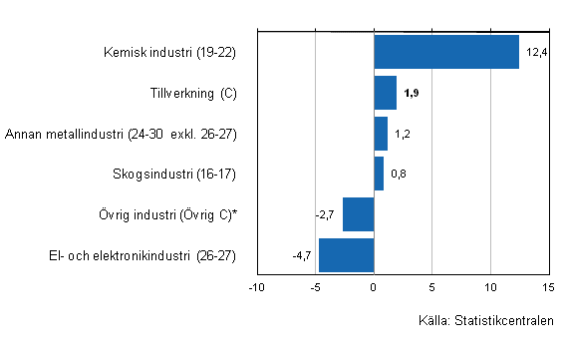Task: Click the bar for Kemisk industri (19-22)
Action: pos(446,52)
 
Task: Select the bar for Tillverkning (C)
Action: pos(385,93)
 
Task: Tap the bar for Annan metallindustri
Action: pos(381,133)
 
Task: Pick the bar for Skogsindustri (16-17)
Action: pos(379,174)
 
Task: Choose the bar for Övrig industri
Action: pos(358,213)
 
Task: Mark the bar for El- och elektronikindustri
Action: pos(346,254)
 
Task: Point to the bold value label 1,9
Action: pos(413,93)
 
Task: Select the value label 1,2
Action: pos(404,134)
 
